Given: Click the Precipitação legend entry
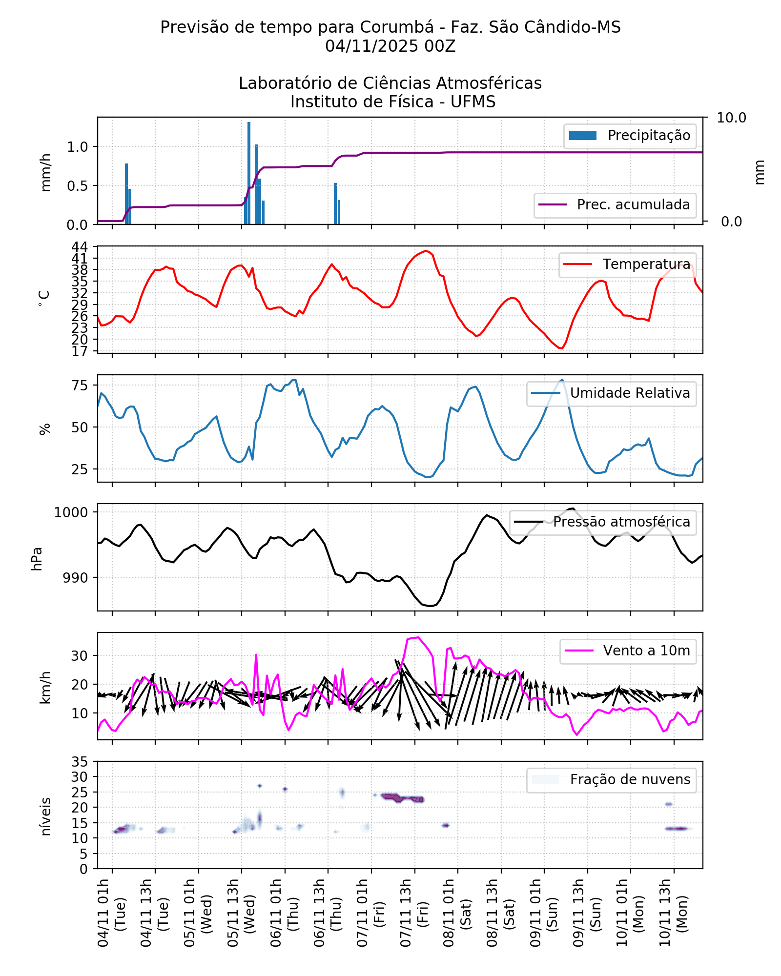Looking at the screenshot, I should tap(630, 135).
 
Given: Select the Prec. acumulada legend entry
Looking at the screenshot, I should tap(615, 204).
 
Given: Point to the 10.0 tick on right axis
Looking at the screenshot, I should tap(731, 118).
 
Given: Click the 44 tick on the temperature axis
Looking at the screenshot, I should tap(80, 246).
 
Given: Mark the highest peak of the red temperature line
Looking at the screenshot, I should tap(426, 251).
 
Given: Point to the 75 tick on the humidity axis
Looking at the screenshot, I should tap(80, 386).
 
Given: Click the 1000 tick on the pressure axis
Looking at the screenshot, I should tap(71, 512).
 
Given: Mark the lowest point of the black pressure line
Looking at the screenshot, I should tap(430, 606).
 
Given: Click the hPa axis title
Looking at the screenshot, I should tap(37, 559).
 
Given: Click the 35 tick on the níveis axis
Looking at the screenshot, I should tap(80, 762).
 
